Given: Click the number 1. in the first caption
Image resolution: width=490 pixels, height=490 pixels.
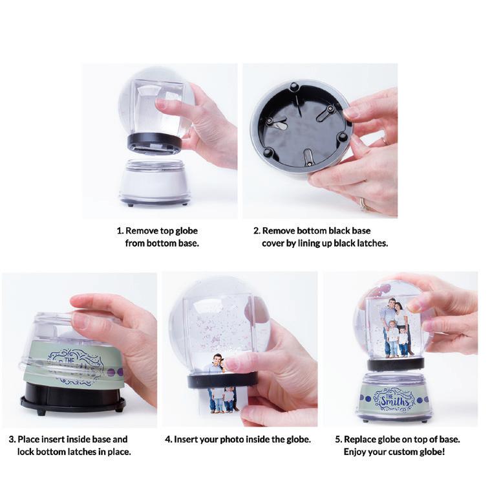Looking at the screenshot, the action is point(120,231).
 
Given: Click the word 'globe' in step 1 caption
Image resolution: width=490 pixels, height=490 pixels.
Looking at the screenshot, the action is point(187,231).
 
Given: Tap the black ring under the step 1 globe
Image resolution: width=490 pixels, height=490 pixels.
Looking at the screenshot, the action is point(154,140).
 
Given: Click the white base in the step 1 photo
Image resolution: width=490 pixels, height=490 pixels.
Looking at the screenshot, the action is point(154,181).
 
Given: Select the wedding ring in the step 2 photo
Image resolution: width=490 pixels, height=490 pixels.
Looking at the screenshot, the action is point(363,203).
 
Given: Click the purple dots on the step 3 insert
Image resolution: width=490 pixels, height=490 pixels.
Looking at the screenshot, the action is point(115,372).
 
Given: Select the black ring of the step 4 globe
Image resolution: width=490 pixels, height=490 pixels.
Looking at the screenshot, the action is point(223,380).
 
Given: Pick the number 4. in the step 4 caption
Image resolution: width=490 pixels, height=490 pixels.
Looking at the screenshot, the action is point(169,440).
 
